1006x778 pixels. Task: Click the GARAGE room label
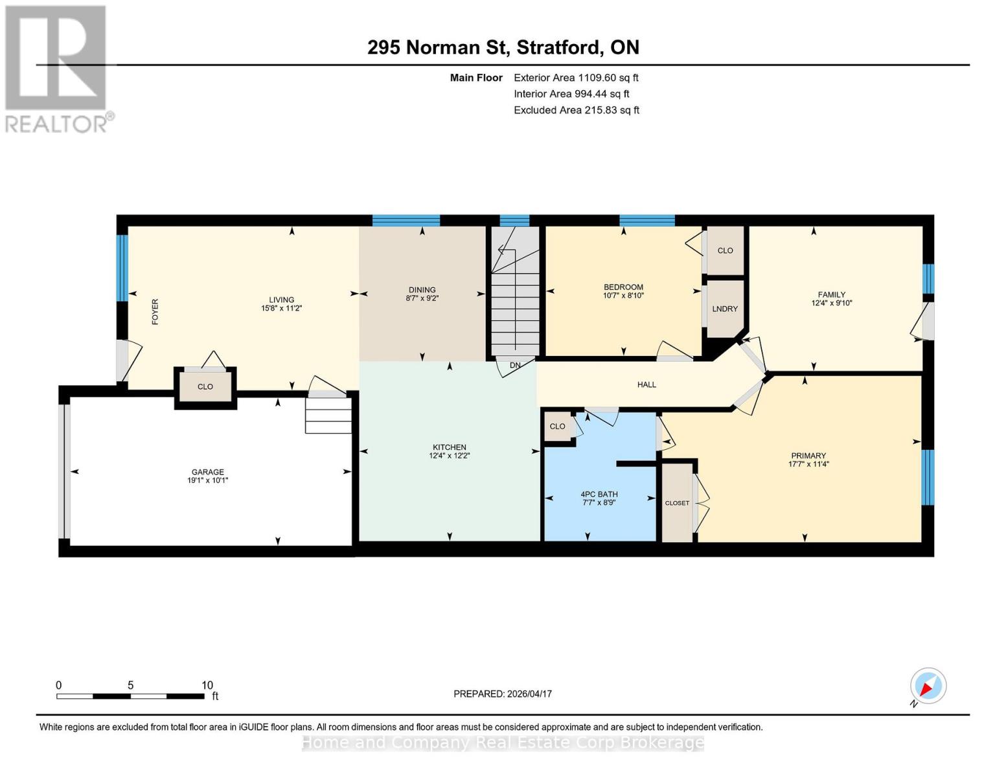(207, 472)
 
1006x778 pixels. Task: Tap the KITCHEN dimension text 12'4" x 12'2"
(449, 456)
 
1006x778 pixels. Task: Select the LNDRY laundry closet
(725, 309)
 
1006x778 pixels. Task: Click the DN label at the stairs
(515, 366)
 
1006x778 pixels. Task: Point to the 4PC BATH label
(599, 494)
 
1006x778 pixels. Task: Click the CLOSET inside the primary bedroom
(677, 503)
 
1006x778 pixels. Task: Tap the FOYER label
(155, 312)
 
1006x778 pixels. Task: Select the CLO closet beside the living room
(205, 387)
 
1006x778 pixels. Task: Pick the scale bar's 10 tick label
(207, 685)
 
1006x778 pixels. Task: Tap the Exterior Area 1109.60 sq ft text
(576, 78)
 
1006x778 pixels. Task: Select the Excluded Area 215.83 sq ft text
(576, 110)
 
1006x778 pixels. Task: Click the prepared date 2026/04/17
(503, 694)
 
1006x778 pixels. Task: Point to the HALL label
(646, 384)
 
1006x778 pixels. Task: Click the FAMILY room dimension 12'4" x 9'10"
(831, 303)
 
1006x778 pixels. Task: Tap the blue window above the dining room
(406, 220)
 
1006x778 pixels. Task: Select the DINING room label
(422, 290)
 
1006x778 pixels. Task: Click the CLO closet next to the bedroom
(725, 250)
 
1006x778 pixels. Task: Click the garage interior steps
(328, 416)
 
